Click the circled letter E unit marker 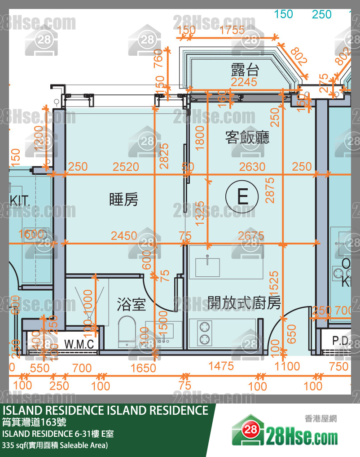243,196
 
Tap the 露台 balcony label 245,70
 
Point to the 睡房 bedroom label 123,199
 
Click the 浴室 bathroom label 131,304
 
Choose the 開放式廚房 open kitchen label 244,303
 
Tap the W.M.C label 79,345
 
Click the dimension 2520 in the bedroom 126,167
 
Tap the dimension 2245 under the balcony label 244,82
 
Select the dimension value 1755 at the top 233,30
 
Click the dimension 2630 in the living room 252,167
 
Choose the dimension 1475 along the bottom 221,366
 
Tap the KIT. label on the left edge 20,200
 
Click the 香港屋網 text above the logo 320,418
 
